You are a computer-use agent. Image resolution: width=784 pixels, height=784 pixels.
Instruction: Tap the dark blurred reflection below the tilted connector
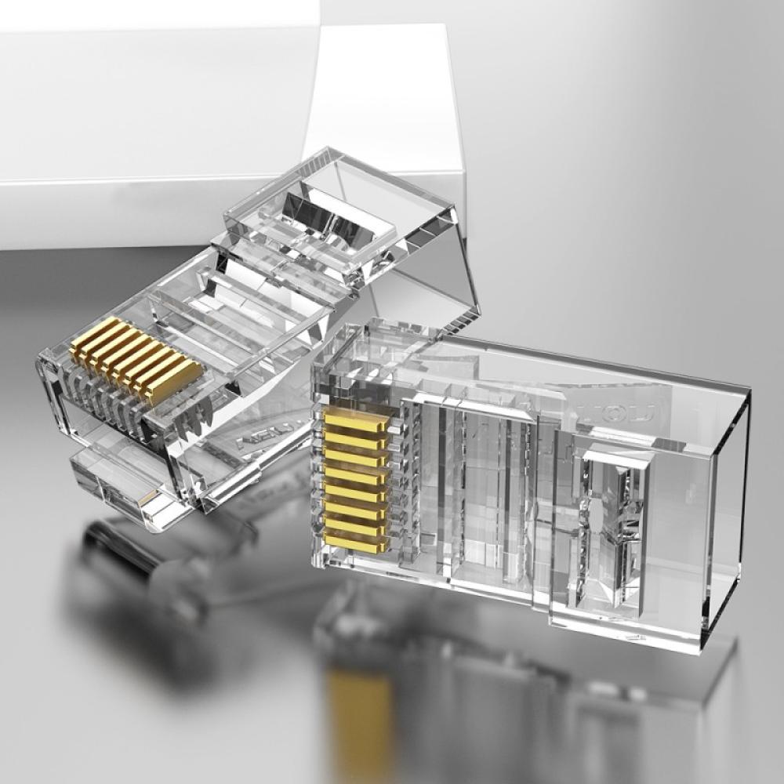click(133, 564)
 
